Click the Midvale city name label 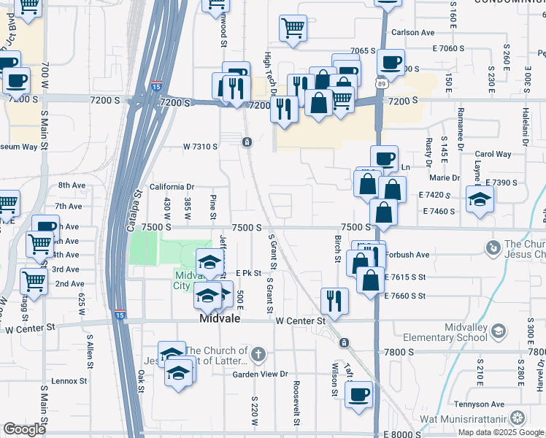[222, 320]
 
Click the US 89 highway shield [381, 84]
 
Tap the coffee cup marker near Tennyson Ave [358, 394]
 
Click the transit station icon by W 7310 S [247, 142]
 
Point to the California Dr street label [172, 187]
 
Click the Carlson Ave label [412, 33]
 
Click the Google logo [24, 429]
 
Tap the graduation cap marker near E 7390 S [480, 199]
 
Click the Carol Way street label [493, 154]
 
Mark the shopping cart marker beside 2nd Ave [34, 280]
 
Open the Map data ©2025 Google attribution [501, 432]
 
